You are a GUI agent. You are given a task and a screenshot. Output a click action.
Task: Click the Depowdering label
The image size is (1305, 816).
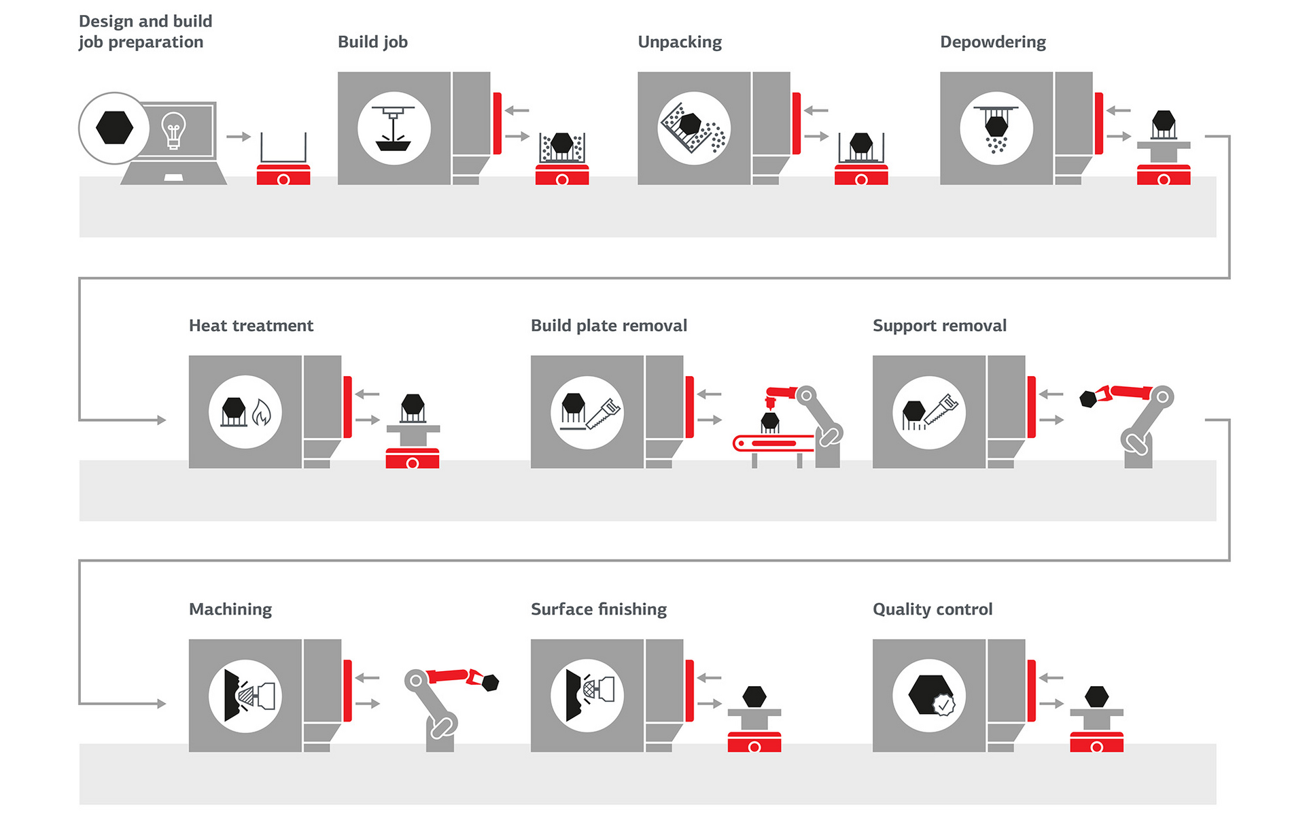pyautogui.click(x=992, y=42)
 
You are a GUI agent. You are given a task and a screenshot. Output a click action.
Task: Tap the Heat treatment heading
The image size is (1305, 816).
pyautogui.click(x=251, y=326)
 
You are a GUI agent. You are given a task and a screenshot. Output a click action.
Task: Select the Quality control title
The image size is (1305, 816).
pyautogui.click(x=932, y=609)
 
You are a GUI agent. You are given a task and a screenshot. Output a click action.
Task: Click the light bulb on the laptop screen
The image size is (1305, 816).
pyautogui.click(x=173, y=130)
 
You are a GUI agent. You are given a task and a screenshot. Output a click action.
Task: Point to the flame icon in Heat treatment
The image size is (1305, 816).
pyautogui.click(x=262, y=413)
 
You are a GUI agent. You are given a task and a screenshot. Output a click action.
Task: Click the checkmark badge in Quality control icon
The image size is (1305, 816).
pyautogui.click(x=943, y=705)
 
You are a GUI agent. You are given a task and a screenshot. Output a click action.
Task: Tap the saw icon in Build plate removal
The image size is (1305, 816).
pyautogui.click(x=604, y=413)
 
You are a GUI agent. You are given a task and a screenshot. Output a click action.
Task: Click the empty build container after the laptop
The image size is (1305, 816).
pyautogui.click(x=283, y=148)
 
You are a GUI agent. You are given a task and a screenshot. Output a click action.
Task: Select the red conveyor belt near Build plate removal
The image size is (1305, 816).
pyautogui.click(x=773, y=444)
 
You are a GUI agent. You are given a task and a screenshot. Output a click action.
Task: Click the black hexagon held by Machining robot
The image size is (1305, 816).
pyautogui.click(x=490, y=682)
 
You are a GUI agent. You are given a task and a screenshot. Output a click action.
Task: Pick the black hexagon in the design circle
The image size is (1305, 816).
pyautogui.click(x=114, y=128)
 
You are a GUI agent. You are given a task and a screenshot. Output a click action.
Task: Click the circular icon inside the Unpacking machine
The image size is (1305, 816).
pyautogui.click(x=694, y=128)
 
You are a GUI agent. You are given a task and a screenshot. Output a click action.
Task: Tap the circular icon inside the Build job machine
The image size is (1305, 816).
pyautogui.click(x=394, y=128)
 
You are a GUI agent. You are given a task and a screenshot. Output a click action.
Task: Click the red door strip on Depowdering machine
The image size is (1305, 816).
pyautogui.click(x=1098, y=123)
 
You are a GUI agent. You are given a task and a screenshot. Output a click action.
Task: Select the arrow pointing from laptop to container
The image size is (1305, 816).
pyautogui.click(x=239, y=137)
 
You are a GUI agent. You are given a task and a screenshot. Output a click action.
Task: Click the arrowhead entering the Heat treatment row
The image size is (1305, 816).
pyautogui.click(x=162, y=420)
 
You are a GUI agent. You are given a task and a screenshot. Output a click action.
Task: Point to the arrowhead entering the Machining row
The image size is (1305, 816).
pyautogui.click(x=162, y=704)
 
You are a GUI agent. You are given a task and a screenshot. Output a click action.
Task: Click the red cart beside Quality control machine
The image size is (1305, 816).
pyautogui.click(x=1096, y=741)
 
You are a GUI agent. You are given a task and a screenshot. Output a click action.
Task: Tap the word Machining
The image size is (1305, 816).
pyautogui.click(x=230, y=609)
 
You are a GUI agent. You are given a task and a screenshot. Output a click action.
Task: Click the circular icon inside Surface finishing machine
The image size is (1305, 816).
pyautogui.click(x=587, y=696)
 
